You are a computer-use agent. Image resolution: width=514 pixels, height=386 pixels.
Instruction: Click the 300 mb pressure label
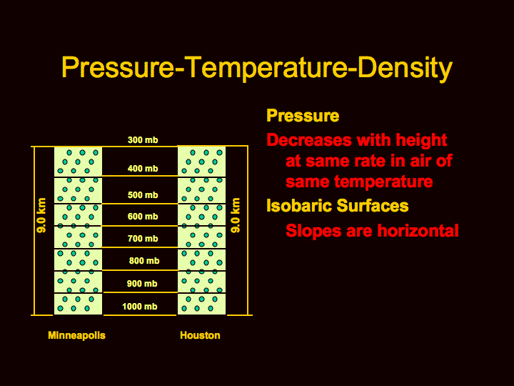[x=143, y=140]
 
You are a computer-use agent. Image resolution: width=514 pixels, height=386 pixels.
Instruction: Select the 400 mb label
[x=143, y=169]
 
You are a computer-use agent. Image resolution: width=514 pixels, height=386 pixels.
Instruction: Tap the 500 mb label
[x=143, y=195]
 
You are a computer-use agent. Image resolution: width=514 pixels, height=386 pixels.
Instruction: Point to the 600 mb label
[x=143, y=217]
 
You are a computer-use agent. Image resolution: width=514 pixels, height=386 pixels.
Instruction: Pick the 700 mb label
[x=143, y=238]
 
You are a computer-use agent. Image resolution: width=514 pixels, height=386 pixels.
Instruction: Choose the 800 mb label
[x=144, y=261]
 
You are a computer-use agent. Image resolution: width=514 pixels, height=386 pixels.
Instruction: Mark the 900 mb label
[x=142, y=283]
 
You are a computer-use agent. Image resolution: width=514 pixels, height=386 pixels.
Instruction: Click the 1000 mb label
[x=140, y=306]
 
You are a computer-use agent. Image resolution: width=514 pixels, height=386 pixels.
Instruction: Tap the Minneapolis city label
[x=76, y=335]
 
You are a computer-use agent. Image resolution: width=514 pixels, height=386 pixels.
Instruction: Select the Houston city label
[x=200, y=335]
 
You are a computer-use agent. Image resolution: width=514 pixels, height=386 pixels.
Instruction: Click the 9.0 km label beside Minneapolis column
[x=41, y=215]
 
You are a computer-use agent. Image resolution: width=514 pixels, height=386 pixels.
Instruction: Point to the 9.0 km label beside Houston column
[x=236, y=215]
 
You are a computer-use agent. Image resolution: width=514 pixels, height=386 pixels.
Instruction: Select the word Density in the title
[x=405, y=68]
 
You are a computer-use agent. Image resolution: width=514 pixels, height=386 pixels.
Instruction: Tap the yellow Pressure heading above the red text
[x=303, y=116]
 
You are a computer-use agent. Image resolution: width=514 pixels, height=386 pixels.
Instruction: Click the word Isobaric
[x=299, y=206]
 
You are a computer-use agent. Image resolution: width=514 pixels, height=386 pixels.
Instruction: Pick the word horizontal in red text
[x=418, y=230]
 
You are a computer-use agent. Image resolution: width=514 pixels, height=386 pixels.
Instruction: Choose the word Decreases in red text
[x=309, y=140]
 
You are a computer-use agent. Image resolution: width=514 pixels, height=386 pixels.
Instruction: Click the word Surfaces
[x=373, y=206]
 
